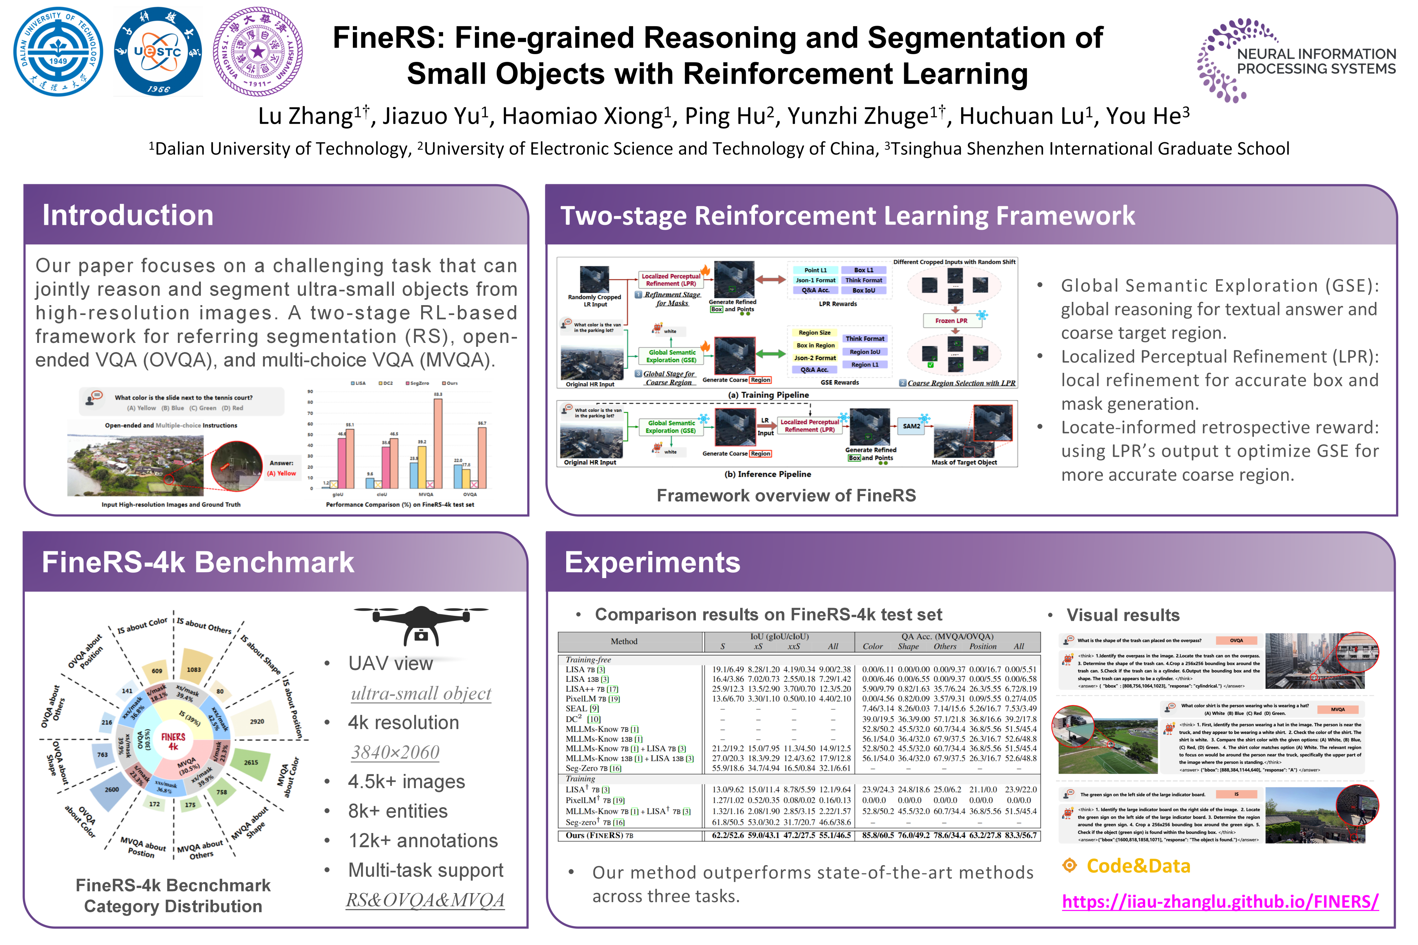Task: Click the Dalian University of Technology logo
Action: point(58,52)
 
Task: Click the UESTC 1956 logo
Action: point(158,52)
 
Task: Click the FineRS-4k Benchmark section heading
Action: point(198,562)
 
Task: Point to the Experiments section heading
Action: point(652,562)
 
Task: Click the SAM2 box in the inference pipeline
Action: point(912,426)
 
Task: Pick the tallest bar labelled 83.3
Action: point(438,443)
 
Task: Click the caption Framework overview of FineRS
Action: point(786,495)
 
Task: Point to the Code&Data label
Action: point(1138,866)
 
